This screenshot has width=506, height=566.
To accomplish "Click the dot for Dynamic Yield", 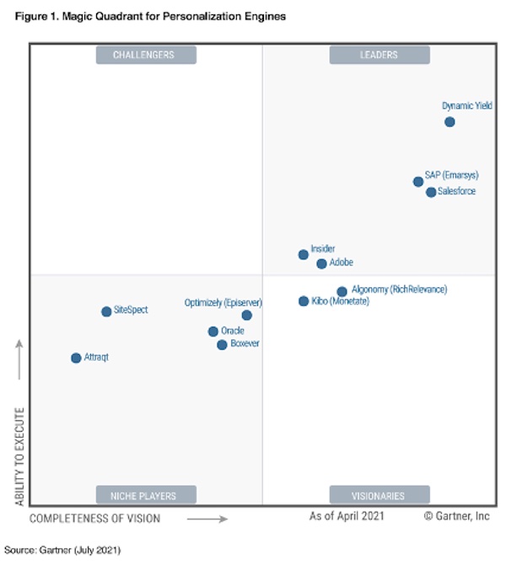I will click(449, 122).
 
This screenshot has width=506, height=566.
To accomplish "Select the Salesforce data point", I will click(431, 192).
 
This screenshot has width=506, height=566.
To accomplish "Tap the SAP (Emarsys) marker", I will click(418, 182).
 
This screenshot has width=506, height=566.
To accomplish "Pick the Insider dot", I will click(304, 254).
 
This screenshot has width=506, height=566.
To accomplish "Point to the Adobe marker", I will click(321, 264).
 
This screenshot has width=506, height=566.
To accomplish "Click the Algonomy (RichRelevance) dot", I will click(342, 291).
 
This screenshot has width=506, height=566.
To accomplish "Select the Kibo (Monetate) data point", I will click(304, 301).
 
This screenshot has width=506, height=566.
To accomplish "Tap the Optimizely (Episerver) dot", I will click(246, 315).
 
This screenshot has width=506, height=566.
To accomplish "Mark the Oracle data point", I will click(213, 331).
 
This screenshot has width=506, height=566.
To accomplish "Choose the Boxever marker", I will click(222, 345).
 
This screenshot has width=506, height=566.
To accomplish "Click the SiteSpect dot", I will click(106, 311).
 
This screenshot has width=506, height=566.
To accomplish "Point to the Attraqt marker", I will click(76, 357).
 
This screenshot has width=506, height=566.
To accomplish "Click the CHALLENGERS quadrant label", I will click(146, 55).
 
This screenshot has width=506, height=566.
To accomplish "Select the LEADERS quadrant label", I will click(379, 55).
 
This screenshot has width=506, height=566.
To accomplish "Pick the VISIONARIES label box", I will click(379, 495).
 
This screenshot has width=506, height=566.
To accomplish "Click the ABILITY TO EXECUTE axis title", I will click(19, 457).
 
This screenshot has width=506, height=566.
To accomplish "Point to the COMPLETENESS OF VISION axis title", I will click(94, 517).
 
